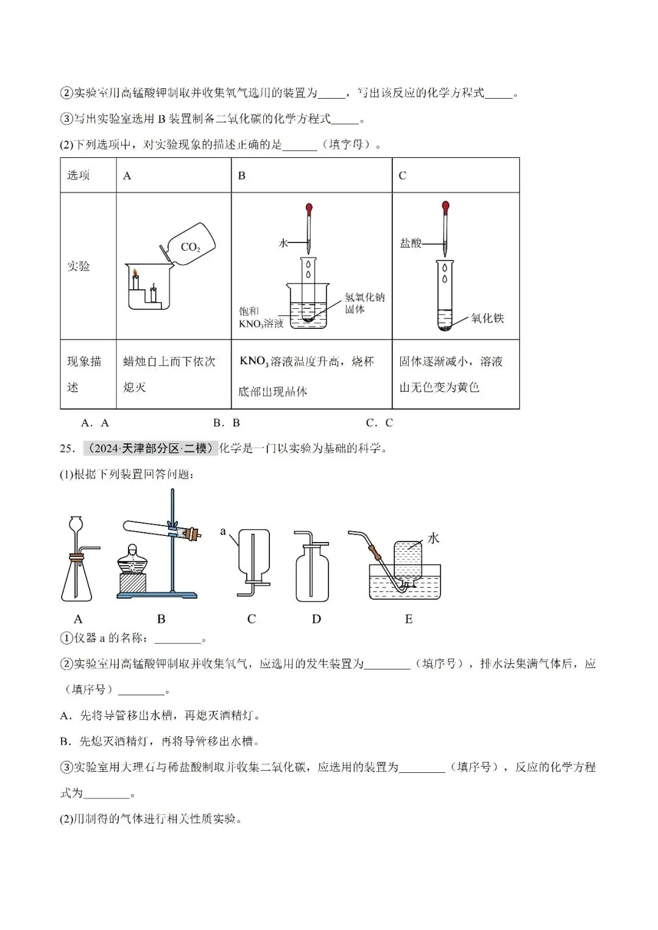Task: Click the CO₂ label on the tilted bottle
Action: click(x=190, y=247)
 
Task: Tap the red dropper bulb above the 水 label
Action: click(x=310, y=208)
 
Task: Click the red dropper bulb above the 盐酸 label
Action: click(x=446, y=206)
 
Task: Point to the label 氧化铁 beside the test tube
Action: click(x=487, y=318)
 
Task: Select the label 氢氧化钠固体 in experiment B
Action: click(x=364, y=303)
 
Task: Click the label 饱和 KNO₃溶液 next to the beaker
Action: click(x=261, y=317)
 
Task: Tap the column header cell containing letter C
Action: click(x=402, y=175)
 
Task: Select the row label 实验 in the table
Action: click(x=79, y=266)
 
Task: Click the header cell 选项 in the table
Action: click(x=79, y=175)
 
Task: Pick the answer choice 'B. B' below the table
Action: click(x=227, y=423)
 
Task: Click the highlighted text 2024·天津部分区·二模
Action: click(x=150, y=448)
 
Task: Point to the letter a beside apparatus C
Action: click(x=223, y=532)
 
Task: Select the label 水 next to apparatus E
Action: click(x=433, y=538)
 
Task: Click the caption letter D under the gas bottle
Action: click(x=316, y=619)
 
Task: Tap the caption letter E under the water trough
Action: click(x=408, y=619)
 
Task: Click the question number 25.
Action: click(x=67, y=449)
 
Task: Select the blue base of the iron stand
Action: click(x=157, y=594)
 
